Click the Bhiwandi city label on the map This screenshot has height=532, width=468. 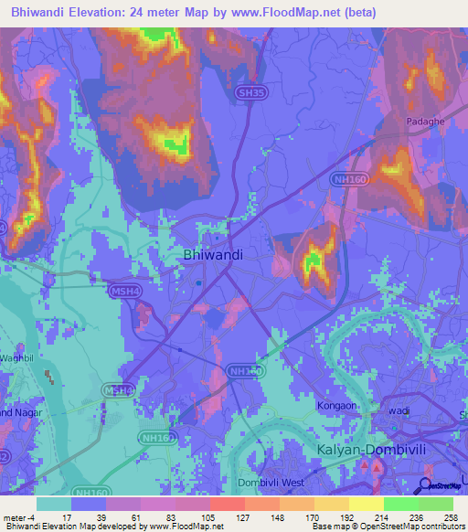pos(213,255)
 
